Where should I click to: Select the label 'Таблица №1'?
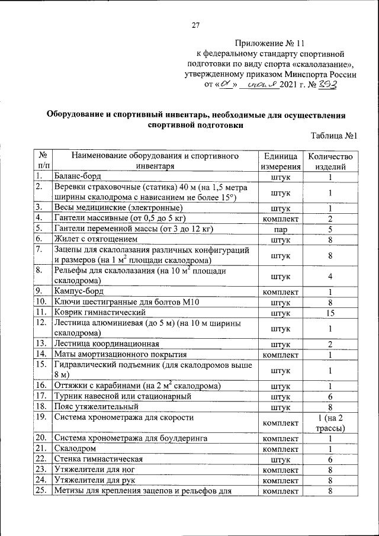click(x=334, y=136)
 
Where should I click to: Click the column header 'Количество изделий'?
click(x=330, y=161)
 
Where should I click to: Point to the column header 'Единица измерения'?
click(x=280, y=161)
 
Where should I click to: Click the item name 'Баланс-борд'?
click(x=78, y=176)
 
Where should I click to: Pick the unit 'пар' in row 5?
click(x=280, y=229)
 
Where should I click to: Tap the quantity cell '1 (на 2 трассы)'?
click(x=330, y=423)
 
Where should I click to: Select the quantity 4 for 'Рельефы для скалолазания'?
click(x=330, y=276)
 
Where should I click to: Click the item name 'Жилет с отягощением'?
click(x=96, y=239)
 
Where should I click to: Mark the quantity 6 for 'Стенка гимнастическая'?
click(x=330, y=459)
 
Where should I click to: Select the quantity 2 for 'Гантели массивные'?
click(x=330, y=219)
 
